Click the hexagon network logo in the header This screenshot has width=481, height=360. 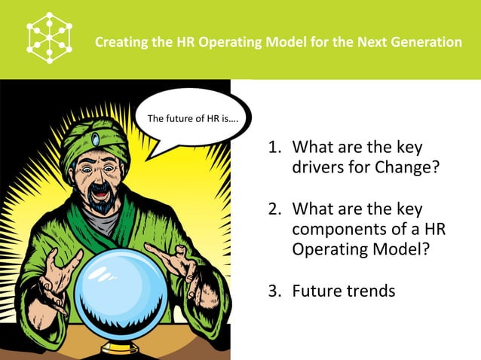tap(49, 38)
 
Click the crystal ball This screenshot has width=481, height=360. tap(121, 294)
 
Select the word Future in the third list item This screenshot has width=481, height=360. tap(317, 290)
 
